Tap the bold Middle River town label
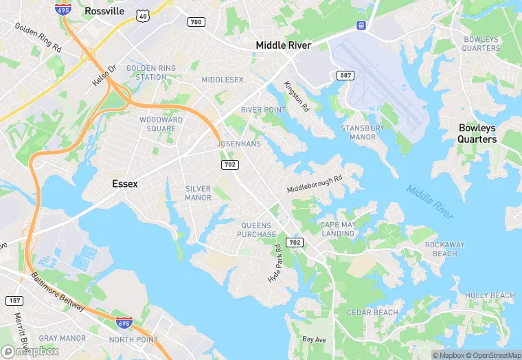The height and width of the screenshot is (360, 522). point(283,45)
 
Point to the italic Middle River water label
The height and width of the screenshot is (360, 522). point(429,202)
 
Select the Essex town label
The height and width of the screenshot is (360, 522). point(125,184)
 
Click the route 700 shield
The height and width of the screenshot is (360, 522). point(196,22)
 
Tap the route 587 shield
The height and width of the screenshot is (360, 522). point(345,74)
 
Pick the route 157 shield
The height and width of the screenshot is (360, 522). point(14,301)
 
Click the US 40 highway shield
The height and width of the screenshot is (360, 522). point(143,15)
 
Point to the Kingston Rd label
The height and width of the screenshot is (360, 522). point(297,97)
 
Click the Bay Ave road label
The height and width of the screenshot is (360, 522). point(315,339)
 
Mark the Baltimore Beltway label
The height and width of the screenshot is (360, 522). point(58,293)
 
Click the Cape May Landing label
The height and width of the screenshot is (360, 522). point(337,229)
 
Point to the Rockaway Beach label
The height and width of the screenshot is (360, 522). point(444,249)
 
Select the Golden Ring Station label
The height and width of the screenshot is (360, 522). point(150,73)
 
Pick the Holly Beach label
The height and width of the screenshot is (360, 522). point(490,295)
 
